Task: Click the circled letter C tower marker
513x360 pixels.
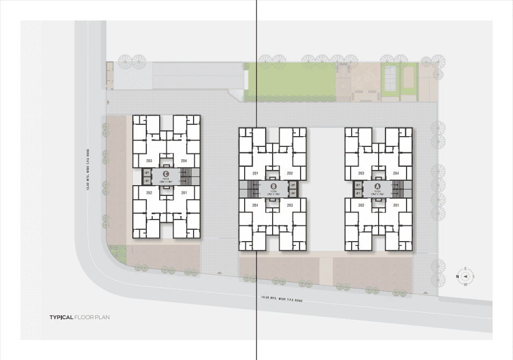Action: coord(166,173)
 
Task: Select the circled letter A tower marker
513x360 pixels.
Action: coord(378,186)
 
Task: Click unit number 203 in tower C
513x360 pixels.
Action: coord(149,161)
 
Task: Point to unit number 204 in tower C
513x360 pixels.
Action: coord(183,161)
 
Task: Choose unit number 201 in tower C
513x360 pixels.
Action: coord(183,193)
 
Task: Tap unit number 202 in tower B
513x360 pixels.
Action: coord(289,173)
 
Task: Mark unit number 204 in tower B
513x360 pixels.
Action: coord(255,205)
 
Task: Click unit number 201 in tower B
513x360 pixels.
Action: coord(255,173)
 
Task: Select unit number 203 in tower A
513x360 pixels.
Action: coord(361,173)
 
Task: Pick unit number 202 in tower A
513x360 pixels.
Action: coord(361,205)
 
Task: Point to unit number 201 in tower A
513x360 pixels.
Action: coord(396,205)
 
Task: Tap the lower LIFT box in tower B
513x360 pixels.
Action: coord(293,192)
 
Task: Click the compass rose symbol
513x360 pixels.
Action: coord(465,277)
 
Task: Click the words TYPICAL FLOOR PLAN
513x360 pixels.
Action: coord(80,317)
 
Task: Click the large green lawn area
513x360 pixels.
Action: coord(290,81)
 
